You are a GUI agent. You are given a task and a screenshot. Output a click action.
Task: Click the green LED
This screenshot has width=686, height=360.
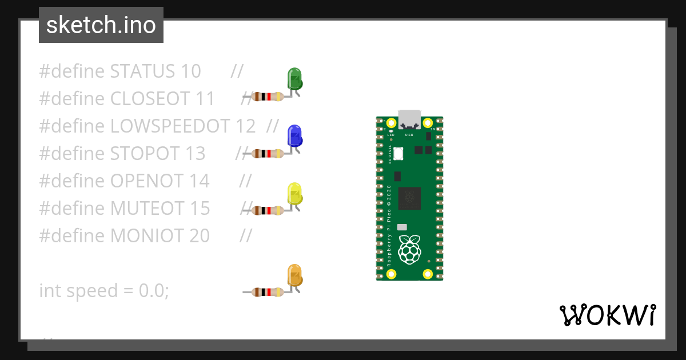coord(294,79)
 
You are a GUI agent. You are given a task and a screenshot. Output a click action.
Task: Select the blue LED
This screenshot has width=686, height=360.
coord(294,136)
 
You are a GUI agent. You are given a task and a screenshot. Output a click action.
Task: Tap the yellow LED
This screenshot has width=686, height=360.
coord(294,194)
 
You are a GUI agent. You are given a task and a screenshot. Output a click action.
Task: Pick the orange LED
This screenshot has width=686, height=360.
coord(294,275)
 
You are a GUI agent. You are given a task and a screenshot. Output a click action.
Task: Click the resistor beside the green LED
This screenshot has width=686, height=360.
coord(268,97)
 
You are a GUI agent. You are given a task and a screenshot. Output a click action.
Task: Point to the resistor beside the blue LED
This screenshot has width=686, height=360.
coord(268,153)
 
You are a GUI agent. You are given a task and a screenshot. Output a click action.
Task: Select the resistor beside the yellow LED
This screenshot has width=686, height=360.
coord(268,210)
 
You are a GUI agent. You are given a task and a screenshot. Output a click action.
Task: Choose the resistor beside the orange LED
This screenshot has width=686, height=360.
coord(268,292)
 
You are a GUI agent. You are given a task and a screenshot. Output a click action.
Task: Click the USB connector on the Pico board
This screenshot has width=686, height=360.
coord(409,119)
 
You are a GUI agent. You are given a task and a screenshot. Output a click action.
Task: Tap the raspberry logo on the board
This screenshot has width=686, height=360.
coord(409,250)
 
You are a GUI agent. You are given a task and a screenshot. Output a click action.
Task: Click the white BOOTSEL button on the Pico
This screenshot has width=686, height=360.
coord(398,153)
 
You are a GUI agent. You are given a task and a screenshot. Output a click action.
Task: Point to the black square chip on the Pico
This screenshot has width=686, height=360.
coord(409,198)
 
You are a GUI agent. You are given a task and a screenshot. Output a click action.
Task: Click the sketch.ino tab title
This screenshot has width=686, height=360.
coord(101,25)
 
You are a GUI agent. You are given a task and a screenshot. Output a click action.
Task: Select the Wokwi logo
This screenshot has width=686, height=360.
coord(607,315)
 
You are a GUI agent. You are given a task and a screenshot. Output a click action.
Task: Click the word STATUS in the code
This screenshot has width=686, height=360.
coord(142,71)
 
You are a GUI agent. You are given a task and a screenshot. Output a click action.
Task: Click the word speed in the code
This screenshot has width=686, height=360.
coord(91,291)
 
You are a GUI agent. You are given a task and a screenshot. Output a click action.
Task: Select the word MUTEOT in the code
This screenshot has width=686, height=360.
coord(147,208)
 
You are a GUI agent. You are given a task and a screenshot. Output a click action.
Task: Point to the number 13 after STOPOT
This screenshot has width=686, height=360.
coord(195,153)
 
